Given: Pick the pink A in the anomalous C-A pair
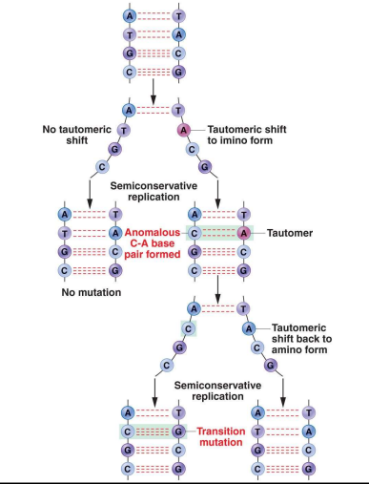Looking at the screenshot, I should click(244, 232).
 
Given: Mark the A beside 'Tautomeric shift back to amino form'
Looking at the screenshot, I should click(248, 327).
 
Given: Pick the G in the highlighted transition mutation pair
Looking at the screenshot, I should click(176, 431).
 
